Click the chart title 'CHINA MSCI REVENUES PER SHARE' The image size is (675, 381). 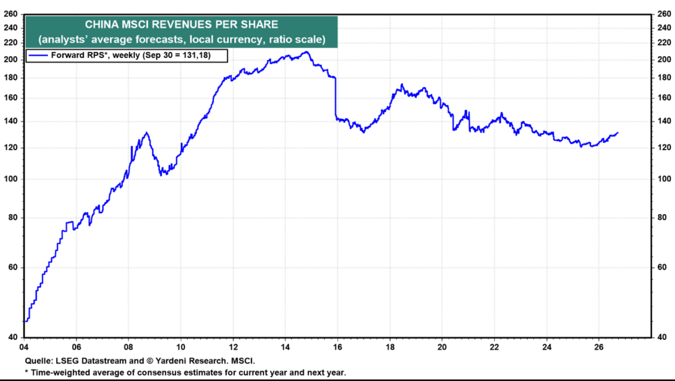click(181, 24)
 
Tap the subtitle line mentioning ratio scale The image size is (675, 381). click(181, 39)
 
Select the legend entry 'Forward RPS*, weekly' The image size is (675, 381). click(131, 55)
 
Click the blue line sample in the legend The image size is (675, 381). click(38, 55)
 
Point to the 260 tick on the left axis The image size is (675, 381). click(10, 14)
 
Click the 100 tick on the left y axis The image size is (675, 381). click(10, 179)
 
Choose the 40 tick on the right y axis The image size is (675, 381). click(662, 338)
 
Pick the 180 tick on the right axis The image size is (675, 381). click(664, 78)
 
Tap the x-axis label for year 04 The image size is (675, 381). click(24, 347)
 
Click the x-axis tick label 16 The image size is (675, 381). click(337, 347)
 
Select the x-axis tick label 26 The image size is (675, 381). click(599, 347)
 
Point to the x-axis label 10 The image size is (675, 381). click(181, 347)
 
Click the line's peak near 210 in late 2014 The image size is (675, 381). click(306, 52)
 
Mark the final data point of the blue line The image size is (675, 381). click(618, 133)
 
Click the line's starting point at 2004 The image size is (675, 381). click(26, 321)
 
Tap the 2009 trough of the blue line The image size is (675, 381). click(161, 175)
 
